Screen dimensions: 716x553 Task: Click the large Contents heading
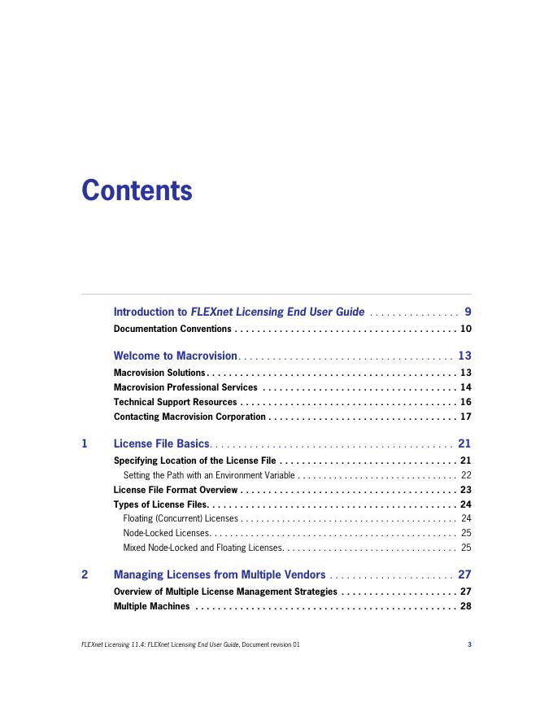[137, 190]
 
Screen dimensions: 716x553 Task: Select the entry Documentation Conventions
[172, 330]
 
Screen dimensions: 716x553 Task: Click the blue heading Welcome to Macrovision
[175, 356]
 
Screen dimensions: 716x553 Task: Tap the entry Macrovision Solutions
[159, 373]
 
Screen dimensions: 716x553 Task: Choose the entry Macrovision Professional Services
[185, 387]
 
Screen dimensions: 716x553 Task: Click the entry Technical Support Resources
[175, 402]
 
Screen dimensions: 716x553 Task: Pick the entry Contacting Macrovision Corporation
[189, 417]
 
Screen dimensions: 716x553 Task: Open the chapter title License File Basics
[162, 443]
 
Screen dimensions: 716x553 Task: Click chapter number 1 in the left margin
[85, 443]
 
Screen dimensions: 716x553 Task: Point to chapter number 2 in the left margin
[85, 574]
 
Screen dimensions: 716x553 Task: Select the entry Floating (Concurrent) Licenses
[181, 517]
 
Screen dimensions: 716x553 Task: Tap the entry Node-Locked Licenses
[166, 532]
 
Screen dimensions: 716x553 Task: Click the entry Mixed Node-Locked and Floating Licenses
[202, 548]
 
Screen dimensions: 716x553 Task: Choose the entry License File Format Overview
[176, 490]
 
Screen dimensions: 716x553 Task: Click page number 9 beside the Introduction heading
[468, 312]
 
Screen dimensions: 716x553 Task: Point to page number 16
[466, 402]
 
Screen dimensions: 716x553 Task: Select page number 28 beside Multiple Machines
[466, 606]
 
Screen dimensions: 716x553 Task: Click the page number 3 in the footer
[469, 645]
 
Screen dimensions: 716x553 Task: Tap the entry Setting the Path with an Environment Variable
[209, 475]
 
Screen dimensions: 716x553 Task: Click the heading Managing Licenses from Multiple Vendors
[220, 574]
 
